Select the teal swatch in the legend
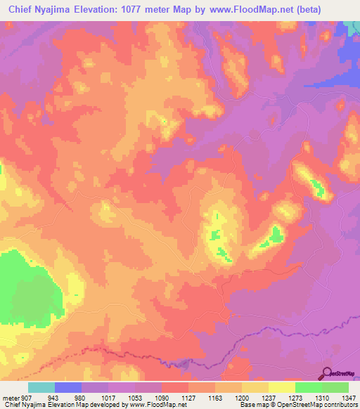tap(41, 387)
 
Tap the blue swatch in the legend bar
tap(68, 387)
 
